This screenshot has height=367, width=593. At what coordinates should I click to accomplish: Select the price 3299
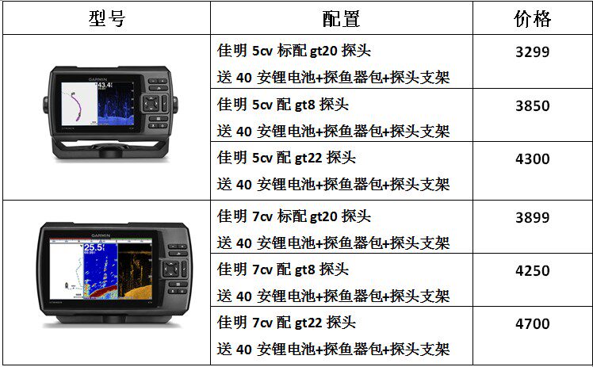pyautogui.click(x=532, y=53)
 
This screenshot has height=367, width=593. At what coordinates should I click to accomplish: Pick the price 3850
pyautogui.click(x=532, y=106)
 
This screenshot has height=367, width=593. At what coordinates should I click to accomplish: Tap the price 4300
pyautogui.click(x=532, y=159)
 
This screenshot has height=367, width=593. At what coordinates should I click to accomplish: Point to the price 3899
pyautogui.click(x=532, y=217)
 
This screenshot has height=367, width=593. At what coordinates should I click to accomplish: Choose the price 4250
pyautogui.click(x=532, y=270)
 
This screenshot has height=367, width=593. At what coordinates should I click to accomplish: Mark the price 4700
pyautogui.click(x=532, y=323)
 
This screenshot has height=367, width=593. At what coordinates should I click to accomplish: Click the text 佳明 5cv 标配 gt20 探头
pyautogui.click(x=294, y=52)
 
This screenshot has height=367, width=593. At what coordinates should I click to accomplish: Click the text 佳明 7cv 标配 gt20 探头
pyautogui.click(x=294, y=216)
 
